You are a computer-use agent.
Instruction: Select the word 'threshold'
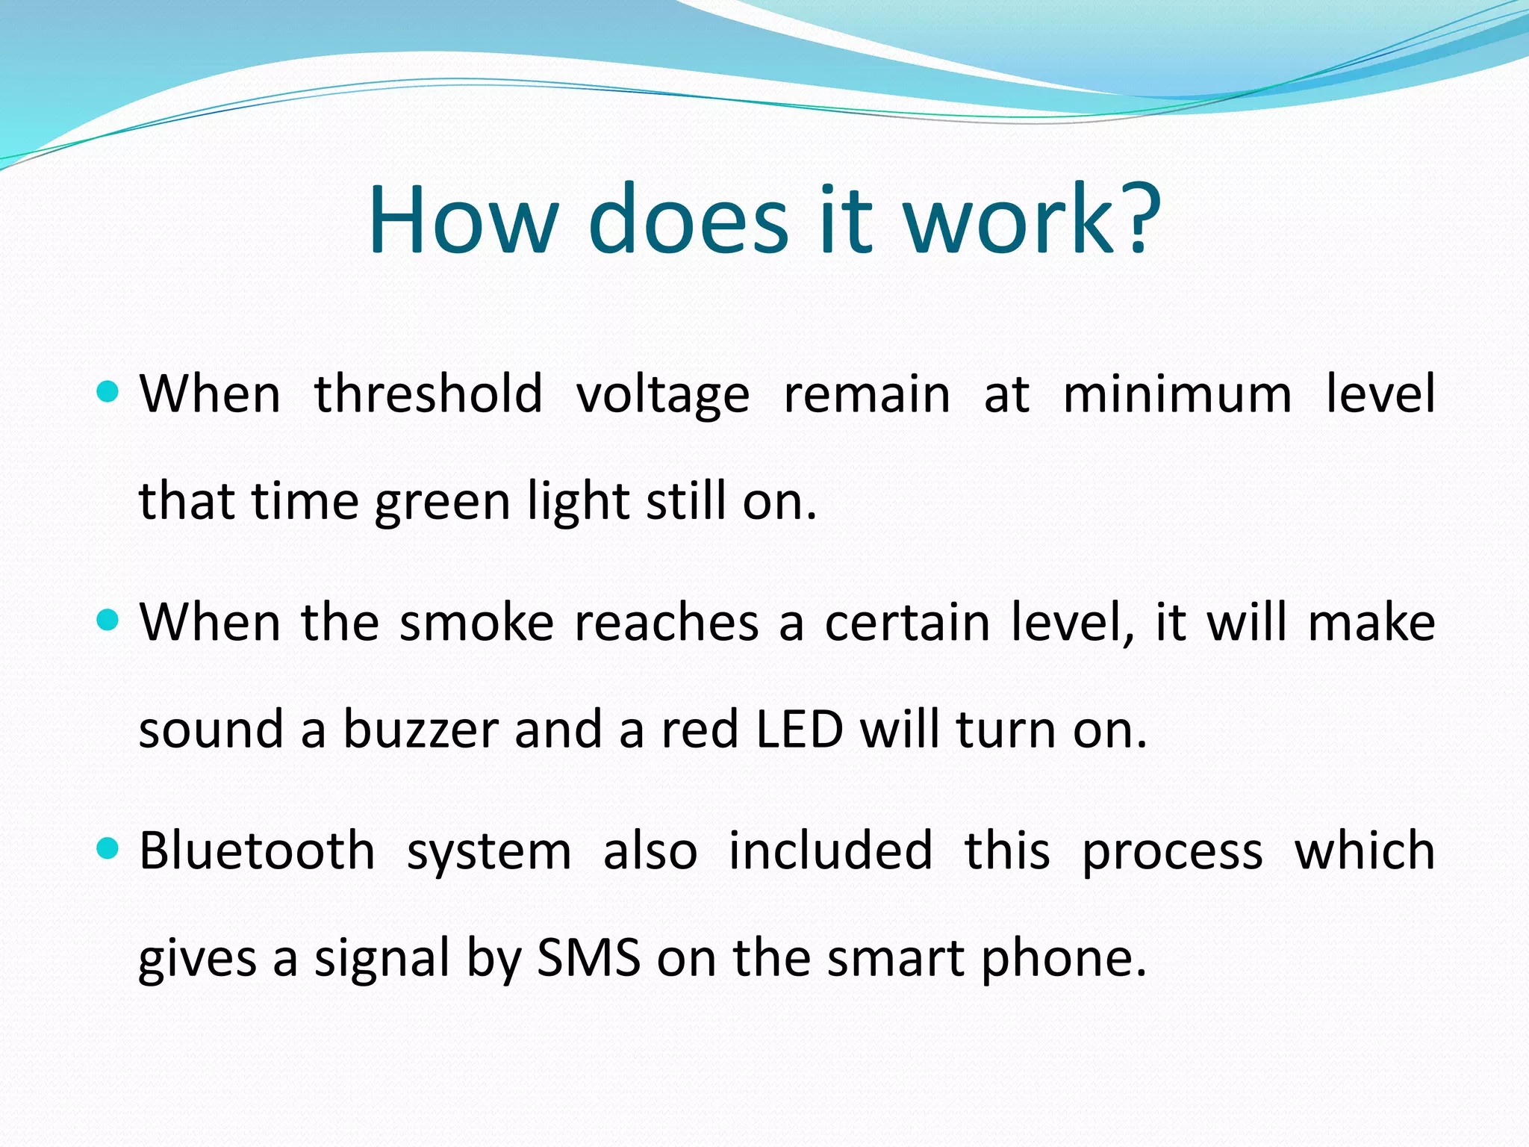coord(428,394)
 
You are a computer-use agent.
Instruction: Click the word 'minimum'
coord(1177,394)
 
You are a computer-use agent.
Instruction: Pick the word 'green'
coord(442,502)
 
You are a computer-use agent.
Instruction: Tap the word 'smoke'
coord(476,622)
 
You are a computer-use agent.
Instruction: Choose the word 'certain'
coord(907,622)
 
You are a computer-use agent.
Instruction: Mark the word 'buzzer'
coord(420,730)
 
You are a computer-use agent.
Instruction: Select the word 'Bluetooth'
coord(257,851)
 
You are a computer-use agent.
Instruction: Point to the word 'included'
coord(830,851)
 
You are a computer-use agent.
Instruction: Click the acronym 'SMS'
coord(588,958)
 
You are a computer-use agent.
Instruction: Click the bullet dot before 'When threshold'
coord(108,391)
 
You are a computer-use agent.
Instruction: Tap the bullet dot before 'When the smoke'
coord(108,619)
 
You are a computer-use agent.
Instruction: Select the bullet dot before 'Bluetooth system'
coord(108,848)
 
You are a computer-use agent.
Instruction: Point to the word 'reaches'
coord(666,622)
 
